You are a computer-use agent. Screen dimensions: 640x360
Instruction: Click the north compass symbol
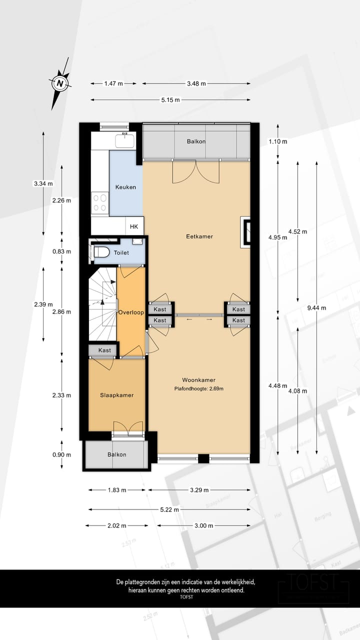pyautogui.click(x=60, y=83)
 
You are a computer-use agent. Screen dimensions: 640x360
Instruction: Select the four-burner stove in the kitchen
pyautogui.click(x=100, y=202)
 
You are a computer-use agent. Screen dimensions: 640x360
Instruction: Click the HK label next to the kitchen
pyautogui.click(x=134, y=226)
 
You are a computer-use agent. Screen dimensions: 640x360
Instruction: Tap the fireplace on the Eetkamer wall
pyautogui.click(x=246, y=231)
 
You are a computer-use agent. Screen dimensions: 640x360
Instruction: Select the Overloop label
pyautogui.click(x=131, y=312)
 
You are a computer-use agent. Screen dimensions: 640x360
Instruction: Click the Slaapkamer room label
pyautogui.click(x=117, y=395)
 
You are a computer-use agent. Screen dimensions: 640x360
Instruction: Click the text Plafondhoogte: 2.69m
pyautogui.click(x=198, y=388)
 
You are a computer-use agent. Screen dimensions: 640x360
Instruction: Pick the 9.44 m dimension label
pyautogui.click(x=316, y=308)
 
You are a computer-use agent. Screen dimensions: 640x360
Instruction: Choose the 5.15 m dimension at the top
pyautogui.click(x=170, y=100)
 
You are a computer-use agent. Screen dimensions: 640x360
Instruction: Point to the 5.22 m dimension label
pyautogui.click(x=170, y=509)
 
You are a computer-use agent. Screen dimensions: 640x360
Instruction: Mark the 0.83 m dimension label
pyautogui.click(x=62, y=251)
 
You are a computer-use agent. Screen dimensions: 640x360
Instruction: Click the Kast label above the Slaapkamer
pyautogui.click(x=104, y=350)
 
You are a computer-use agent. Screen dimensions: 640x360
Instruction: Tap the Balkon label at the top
pyautogui.click(x=196, y=141)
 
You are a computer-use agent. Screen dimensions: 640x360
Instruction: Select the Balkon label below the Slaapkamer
pyautogui.click(x=117, y=454)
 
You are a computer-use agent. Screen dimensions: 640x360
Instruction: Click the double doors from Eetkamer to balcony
pyautogui.click(x=196, y=171)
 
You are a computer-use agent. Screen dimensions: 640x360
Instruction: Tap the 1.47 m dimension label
pyautogui.click(x=113, y=83)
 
